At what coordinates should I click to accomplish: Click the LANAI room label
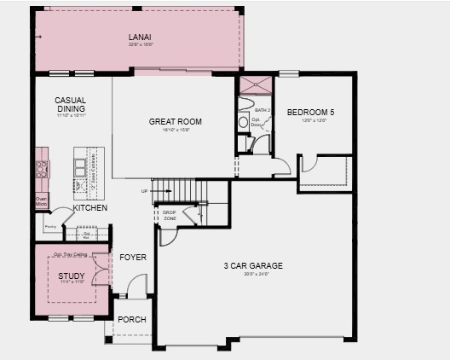pos(140,38)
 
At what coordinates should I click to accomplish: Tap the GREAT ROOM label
pos(175,121)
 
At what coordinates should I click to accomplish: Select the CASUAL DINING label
pos(70,104)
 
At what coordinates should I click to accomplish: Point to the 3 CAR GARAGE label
pos(256,266)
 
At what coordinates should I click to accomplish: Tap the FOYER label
pos(132,256)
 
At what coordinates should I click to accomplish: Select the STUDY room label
pos(71,276)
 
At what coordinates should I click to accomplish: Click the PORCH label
pos(132,319)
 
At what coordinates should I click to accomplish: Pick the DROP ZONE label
pos(170,214)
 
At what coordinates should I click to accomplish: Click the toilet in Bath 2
pos(244,121)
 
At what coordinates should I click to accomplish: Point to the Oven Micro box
pos(40,201)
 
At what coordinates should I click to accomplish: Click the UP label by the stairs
pos(145,191)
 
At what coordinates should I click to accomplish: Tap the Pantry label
pos(50,227)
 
